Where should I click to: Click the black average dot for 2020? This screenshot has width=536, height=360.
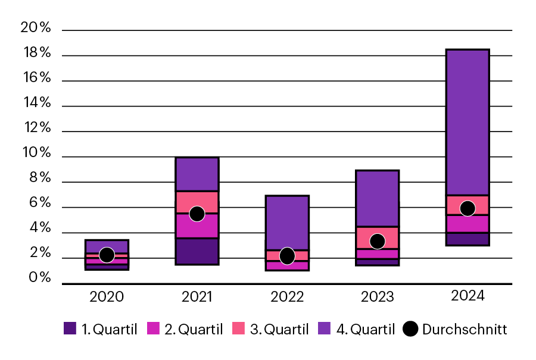click(107, 255)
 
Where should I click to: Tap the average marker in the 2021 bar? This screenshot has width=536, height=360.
click(197, 214)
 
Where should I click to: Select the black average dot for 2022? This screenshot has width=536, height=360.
click(287, 256)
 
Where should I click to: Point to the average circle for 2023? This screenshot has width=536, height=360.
click(377, 241)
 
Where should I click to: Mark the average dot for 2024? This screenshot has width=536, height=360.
click(468, 208)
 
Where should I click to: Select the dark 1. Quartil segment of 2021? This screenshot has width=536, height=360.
click(197, 251)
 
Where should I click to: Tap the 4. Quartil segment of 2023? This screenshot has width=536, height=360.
click(377, 198)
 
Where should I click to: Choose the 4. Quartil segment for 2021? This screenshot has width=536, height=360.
click(197, 174)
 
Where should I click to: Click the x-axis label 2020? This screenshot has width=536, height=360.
click(107, 296)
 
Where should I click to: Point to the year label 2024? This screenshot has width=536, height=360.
click(468, 296)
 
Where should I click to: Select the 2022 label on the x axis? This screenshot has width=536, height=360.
click(287, 296)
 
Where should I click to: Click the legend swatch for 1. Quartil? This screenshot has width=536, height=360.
click(70, 328)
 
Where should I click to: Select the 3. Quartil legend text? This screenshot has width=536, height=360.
click(279, 329)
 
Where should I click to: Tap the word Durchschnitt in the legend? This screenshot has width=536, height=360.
click(465, 329)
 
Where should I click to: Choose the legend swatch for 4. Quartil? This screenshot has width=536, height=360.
click(325, 328)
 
